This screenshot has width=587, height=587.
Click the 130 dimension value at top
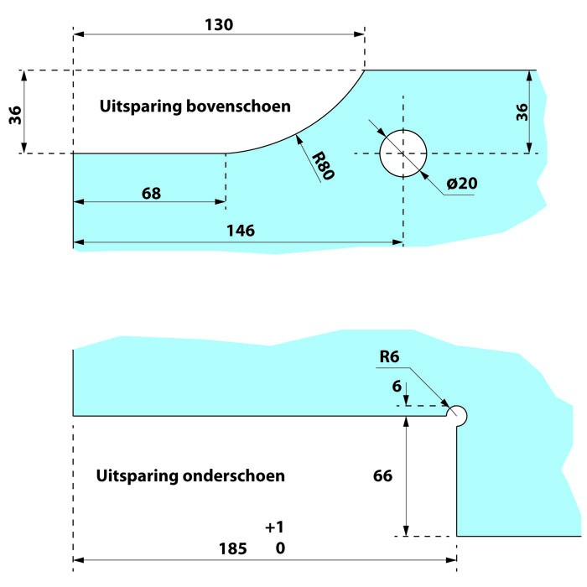[x=219, y=24]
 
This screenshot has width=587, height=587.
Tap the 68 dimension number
[x=151, y=194]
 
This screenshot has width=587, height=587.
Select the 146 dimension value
[x=241, y=231]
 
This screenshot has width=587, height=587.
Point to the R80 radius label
[x=323, y=165]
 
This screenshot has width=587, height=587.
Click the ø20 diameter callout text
[x=462, y=184]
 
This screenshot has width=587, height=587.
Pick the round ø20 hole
[x=403, y=153]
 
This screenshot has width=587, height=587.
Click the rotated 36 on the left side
[x=15, y=115]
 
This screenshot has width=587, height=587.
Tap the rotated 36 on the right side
[x=522, y=112]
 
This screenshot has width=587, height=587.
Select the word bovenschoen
[x=238, y=106]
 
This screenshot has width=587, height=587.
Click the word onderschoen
[x=234, y=475]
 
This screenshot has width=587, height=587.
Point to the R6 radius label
[x=389, y=356]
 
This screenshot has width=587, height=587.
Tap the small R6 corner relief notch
[x=457, y=416]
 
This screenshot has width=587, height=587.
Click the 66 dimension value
[x=382, y=475]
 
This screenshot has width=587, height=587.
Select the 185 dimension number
[x=233, y=548]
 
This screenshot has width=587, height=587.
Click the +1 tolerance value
[x=275, y=527]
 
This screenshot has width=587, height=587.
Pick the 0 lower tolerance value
[x=280, y=548]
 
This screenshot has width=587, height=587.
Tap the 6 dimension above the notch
[x=397, y=387]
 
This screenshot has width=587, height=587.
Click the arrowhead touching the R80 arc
[x=299, y=139]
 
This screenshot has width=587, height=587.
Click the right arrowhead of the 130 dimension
[x=359, y=34]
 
